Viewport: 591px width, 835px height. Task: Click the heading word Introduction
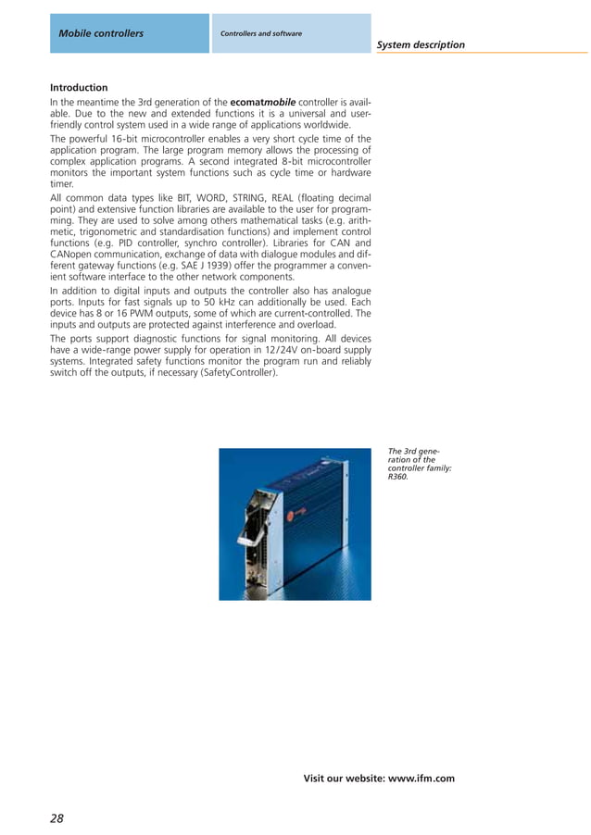(79, 88)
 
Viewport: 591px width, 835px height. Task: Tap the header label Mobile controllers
(101, 33)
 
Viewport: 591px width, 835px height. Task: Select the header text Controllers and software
(261, 33)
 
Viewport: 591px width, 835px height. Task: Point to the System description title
(421, 44)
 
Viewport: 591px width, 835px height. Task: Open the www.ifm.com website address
(421, 779)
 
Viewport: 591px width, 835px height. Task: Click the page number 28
(57, 817)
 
